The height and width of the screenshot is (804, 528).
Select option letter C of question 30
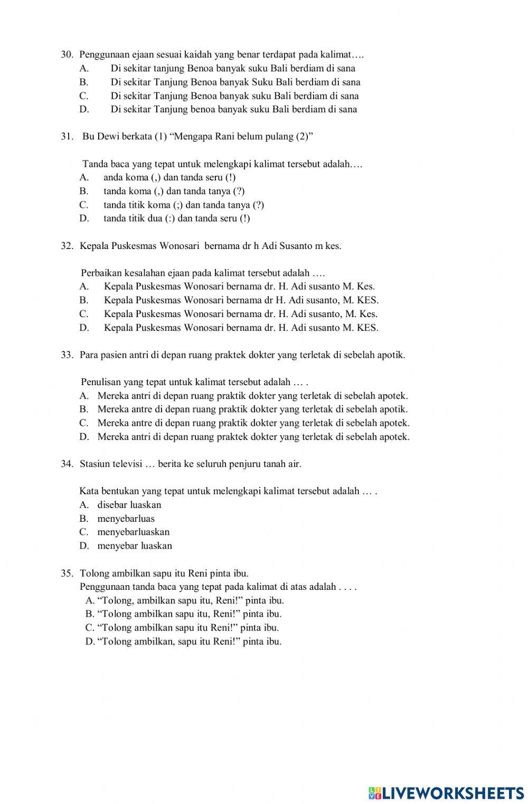point(83,96)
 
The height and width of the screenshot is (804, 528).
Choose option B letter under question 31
point(83,192)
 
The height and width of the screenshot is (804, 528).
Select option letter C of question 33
point(83,423)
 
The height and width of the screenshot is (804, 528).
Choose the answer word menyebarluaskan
point(133,532)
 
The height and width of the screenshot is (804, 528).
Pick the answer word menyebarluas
point(126,519)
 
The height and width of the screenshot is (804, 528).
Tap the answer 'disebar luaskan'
point(129,505)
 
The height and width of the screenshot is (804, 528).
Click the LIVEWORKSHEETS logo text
point(452,793)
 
